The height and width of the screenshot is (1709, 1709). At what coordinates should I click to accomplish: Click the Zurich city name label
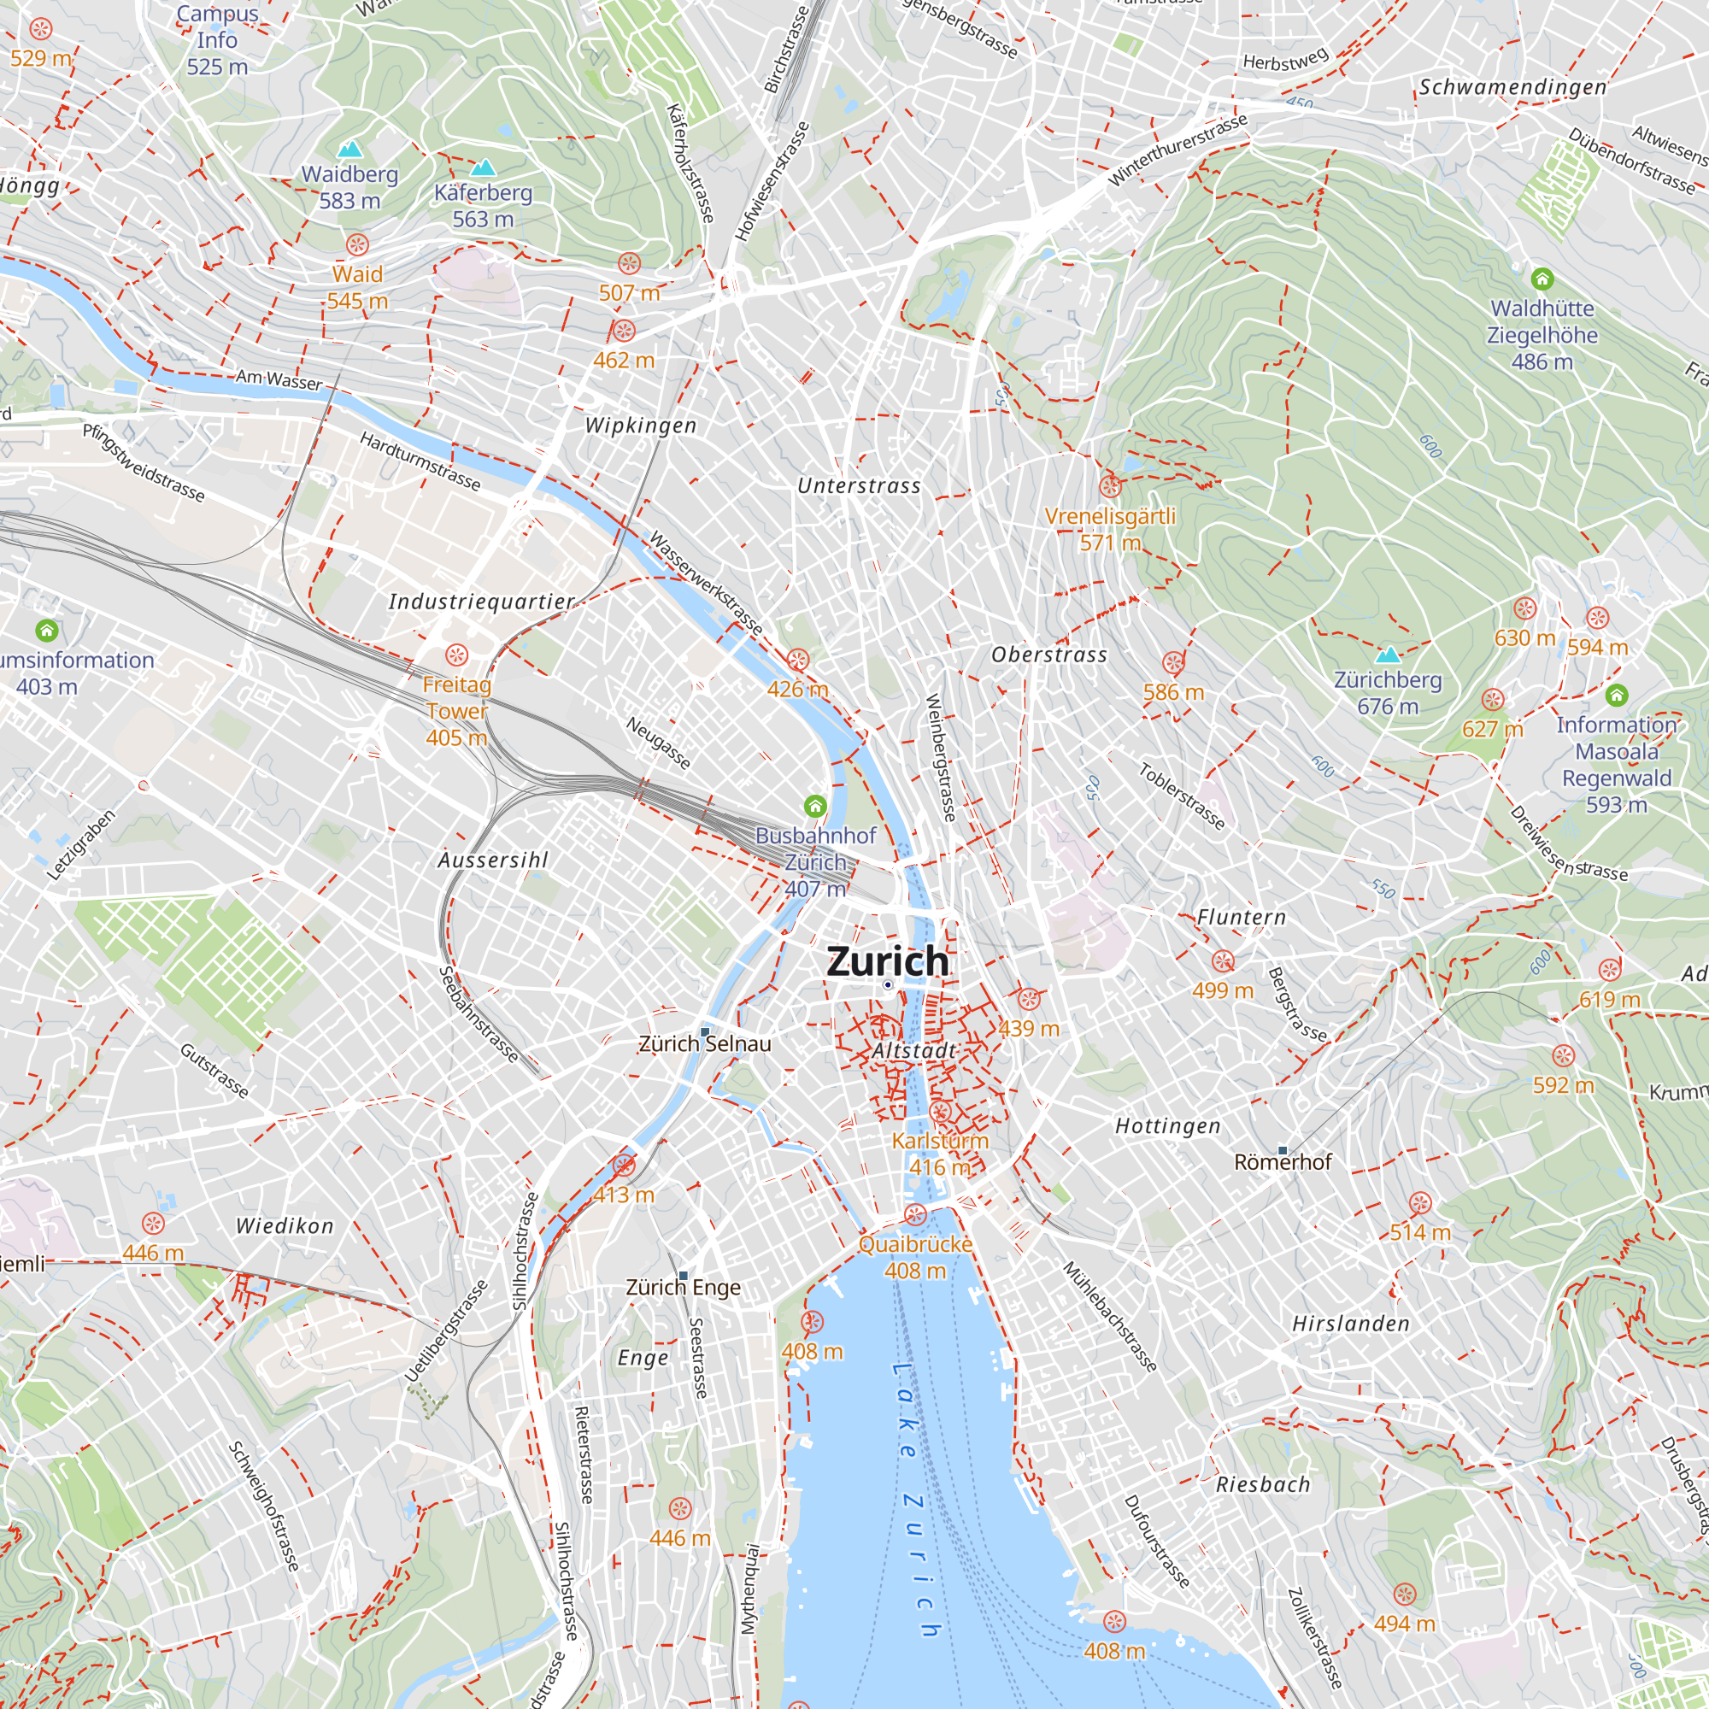(x=887, y=961)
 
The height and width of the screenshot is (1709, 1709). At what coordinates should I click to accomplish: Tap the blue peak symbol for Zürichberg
(x=1388, y=655)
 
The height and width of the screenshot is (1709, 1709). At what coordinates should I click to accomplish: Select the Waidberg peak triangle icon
(x=350, y=150)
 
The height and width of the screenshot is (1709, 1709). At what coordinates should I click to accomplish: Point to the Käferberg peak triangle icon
(x=483, y=167)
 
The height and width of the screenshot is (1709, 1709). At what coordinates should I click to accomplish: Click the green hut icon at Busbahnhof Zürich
(x=814, y=806)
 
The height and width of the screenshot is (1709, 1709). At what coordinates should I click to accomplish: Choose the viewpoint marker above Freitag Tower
(x=456, y=655)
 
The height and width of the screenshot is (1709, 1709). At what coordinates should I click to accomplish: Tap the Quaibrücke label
(x=915, y=1243)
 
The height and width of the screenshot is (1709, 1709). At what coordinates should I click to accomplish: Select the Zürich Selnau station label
(x=705, y=1044)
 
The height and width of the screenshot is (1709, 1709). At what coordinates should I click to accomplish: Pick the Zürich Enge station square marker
(x=683, y=1276)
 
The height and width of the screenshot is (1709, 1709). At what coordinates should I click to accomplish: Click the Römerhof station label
(x=1282, y=1162)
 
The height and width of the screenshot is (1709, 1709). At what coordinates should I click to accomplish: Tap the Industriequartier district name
(x=481, y=602)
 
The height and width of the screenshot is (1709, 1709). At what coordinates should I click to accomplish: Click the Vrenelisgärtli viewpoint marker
(x=1110, y=485)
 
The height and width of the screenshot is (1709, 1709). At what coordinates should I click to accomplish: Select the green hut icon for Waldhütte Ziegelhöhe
(x=1542, y=279)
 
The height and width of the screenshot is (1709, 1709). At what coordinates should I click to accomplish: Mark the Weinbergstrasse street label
(x=941, y=757)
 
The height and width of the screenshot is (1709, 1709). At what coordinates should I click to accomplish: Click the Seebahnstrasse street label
(x=479, y=1013)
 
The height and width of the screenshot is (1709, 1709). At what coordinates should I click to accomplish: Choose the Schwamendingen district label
(x=1512, y=86)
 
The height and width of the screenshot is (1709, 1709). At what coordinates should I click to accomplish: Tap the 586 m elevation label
(x=1173, y=692)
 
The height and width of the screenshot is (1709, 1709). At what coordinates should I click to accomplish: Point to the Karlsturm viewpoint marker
(x=940, y=1112)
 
